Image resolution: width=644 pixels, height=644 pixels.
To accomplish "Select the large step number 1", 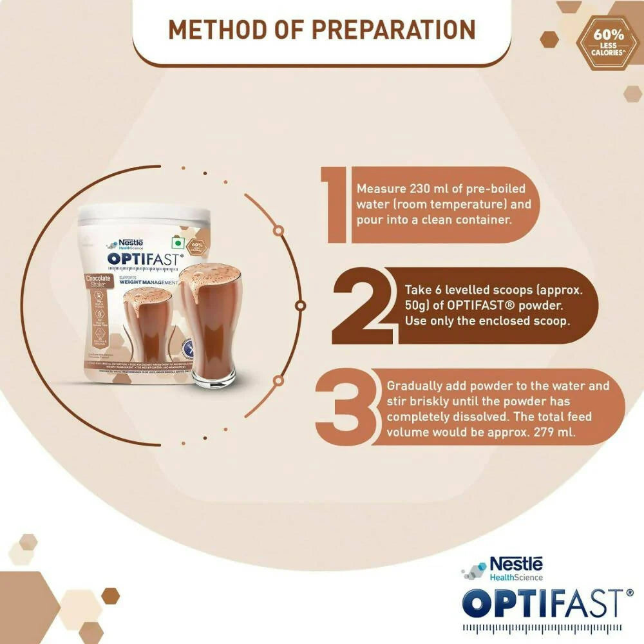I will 337,205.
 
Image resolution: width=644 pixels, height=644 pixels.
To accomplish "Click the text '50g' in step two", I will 417,305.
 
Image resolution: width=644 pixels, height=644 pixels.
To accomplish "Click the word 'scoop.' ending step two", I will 550,320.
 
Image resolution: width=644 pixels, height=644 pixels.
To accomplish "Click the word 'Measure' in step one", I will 380,189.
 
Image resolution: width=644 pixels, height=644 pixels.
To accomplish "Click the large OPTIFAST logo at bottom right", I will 543,605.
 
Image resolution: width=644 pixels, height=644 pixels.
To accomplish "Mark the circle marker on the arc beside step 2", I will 300,305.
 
